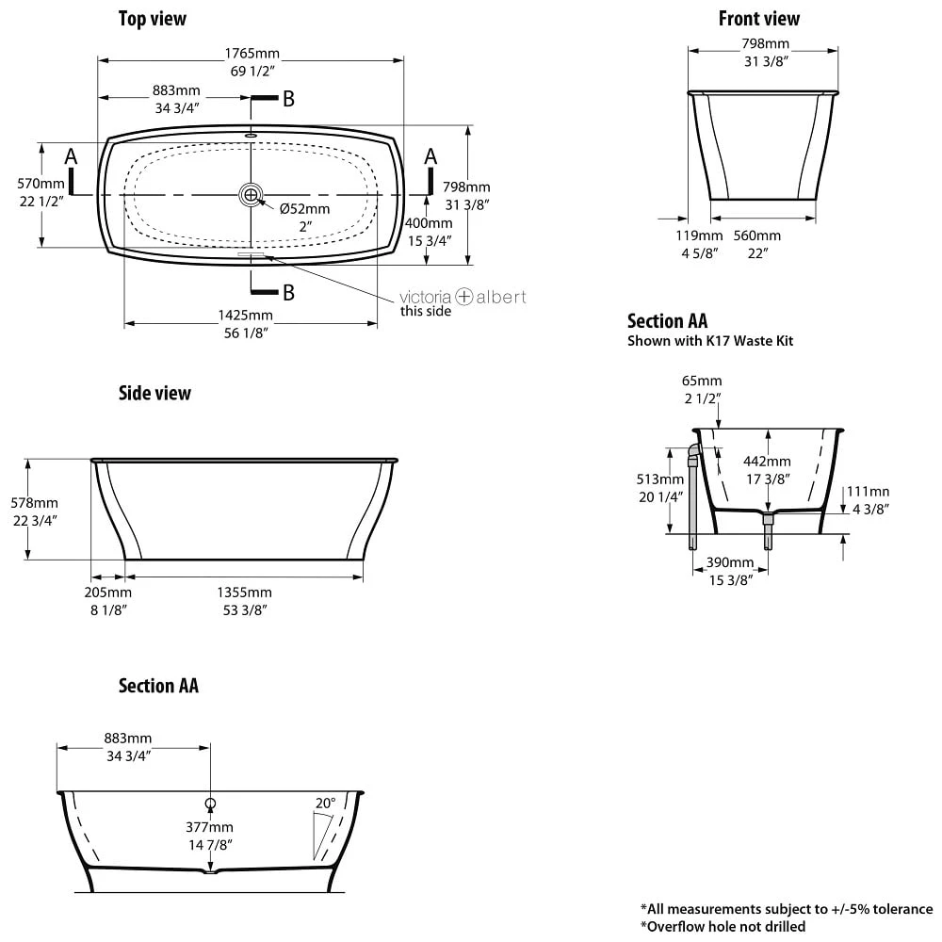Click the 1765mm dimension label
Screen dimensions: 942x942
click(x=252, y=54)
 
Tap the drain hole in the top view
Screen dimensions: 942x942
click(x=251, y=195)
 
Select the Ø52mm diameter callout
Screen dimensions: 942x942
click(x=304, y=209)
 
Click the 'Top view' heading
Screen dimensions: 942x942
click(x=153, y=19)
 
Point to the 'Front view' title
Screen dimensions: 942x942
click(x=758, y=19)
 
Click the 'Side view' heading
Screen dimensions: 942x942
click(x=154, y=393)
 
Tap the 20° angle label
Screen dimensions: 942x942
click(x=326, y=804)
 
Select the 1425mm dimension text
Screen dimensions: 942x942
click(x=245, y=316)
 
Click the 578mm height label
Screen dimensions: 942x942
click(x=34, y=503)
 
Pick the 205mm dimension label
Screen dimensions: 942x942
click(x=108, y=593)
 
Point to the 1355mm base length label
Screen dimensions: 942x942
click(x=245, y=593)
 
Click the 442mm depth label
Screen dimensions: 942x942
click(x=767, y=462)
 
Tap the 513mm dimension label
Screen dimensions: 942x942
click(x=660, y=479)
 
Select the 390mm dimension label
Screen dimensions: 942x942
click(x=730, y=562)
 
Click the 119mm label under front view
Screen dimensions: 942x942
click(x=699, y=235)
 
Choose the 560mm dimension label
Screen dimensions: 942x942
click(x=757, y=235)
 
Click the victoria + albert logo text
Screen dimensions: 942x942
click(x=463, y=297)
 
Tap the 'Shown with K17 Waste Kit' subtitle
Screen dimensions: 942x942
click(x=710, y=341)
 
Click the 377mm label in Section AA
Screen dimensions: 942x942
click(x=209, y=827)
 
